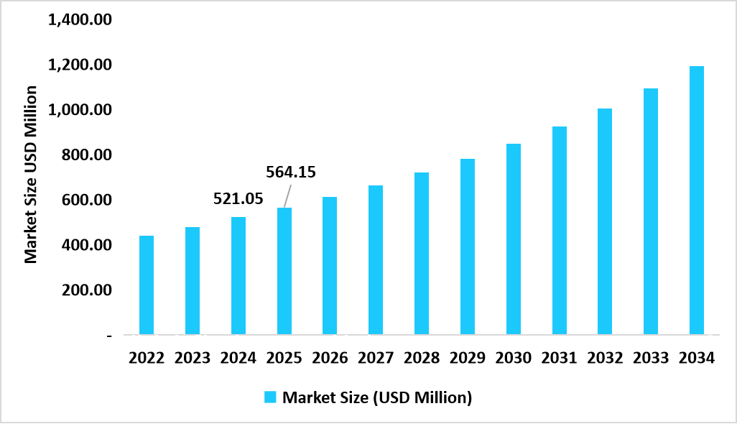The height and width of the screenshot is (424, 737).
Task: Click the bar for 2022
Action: [147, 285]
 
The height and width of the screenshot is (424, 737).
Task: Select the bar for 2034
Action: [697, 201]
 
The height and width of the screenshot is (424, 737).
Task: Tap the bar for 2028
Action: [422, 254]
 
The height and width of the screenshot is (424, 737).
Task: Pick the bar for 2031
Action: [560, 231]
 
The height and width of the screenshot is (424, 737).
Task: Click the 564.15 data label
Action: [291, 172]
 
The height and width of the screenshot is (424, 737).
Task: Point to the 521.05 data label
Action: [238, 199]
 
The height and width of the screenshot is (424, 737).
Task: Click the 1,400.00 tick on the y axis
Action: [79, 19]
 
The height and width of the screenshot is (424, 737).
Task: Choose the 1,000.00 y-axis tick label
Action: [79, 110]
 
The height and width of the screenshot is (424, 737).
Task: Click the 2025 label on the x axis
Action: [284, 358]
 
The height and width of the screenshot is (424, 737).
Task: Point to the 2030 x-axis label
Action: [514, 358]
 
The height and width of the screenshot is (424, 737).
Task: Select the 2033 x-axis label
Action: [651, 358]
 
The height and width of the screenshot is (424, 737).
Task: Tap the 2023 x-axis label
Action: [193, 358]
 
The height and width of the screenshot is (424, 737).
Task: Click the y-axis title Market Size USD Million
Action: [31, 174]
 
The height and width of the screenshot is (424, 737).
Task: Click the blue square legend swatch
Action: [270, 397]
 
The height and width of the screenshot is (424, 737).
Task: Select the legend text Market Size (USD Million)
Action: [377, 397]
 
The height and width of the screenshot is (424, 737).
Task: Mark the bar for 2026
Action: [330, 266]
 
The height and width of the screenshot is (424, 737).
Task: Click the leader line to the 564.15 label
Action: [287, 196]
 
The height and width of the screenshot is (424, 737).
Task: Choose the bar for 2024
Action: [238, 276]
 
